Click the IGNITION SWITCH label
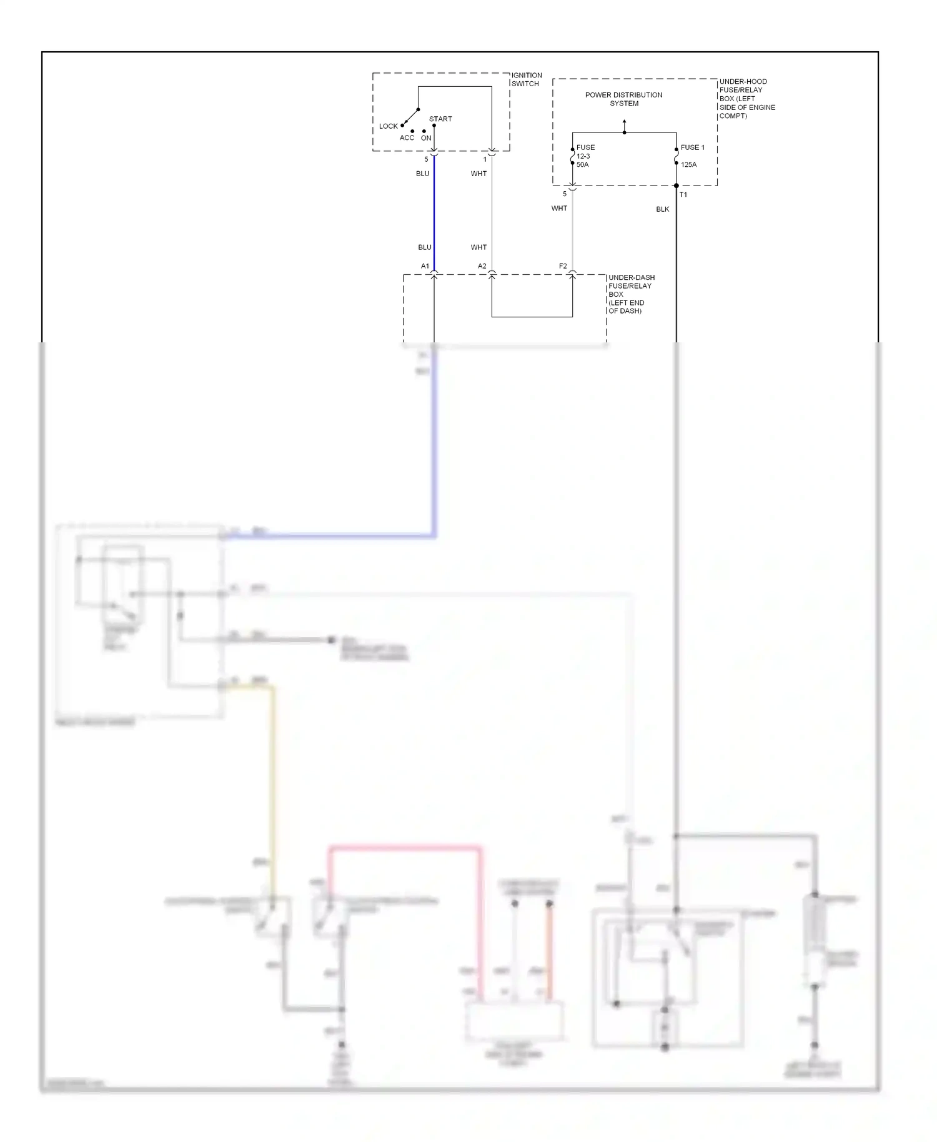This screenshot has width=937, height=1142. (527, 79)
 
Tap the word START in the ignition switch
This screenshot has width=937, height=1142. (440, 119)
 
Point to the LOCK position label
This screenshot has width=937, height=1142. (388, 126)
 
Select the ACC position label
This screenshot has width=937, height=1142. (407, 138)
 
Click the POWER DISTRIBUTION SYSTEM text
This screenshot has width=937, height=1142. (623, 99)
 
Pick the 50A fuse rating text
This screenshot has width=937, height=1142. (582, 165)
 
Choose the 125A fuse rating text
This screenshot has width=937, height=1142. (688, 165)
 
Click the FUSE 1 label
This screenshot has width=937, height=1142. (692, 147)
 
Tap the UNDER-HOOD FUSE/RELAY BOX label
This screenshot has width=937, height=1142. (747, 99)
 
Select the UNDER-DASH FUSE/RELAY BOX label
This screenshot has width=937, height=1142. (631, 294)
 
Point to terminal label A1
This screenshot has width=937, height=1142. (425, 266)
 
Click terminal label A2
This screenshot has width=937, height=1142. (482, 266)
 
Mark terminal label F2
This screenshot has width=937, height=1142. (563, 266)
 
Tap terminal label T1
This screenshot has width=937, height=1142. (683, 194)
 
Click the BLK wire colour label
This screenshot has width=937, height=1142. (662, 209)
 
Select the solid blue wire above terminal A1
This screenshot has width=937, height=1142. (434, 212)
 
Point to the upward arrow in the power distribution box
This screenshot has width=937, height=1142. (624, 125)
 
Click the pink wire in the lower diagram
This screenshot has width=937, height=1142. (406, 848)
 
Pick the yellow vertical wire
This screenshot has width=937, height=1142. (272, 781)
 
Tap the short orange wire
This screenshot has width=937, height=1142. (550, 950)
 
